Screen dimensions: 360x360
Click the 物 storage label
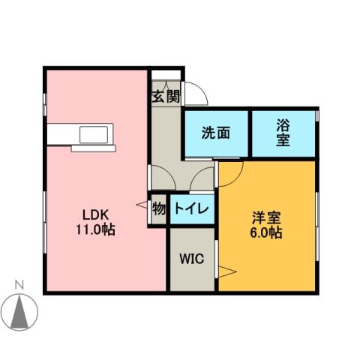(158, 208)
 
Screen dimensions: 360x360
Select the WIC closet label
(191, 259)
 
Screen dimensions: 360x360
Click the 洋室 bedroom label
(266, 218)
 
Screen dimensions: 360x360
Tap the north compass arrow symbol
(22, 310)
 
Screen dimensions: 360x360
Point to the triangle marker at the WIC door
(226, 271)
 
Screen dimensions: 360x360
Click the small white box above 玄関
(166, 75)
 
